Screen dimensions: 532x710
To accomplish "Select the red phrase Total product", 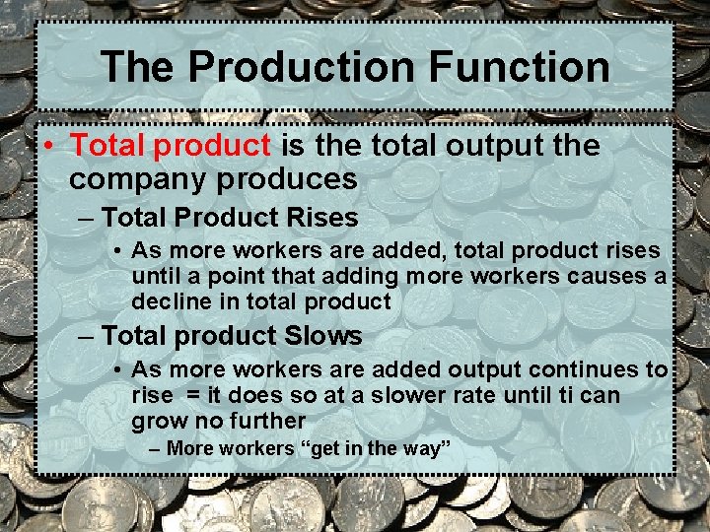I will (170, 146).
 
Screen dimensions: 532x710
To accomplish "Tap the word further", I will (267, 421).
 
